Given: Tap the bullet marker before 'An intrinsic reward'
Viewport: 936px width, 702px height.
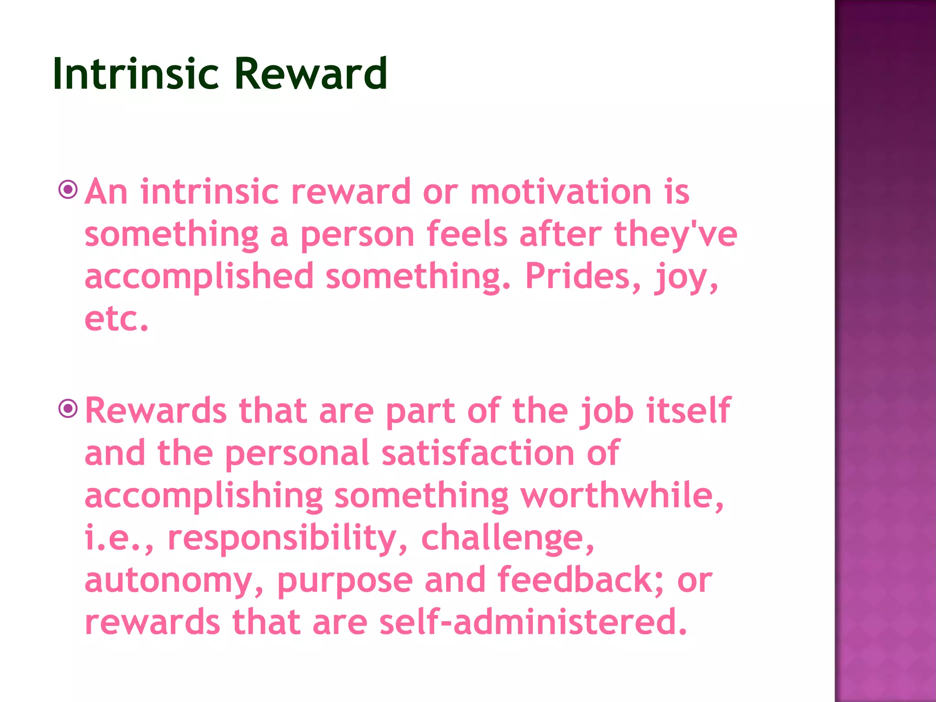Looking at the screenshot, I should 68,189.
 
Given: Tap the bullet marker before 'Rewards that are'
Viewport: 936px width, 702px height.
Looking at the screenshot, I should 68,408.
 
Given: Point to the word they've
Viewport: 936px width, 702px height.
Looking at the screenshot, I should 675,234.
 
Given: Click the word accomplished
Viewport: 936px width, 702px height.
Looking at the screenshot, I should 199,277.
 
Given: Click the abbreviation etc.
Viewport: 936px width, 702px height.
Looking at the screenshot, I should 116,319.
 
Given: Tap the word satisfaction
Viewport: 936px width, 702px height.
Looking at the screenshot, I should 478,453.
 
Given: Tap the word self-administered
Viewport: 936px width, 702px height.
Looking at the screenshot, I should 533,622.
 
